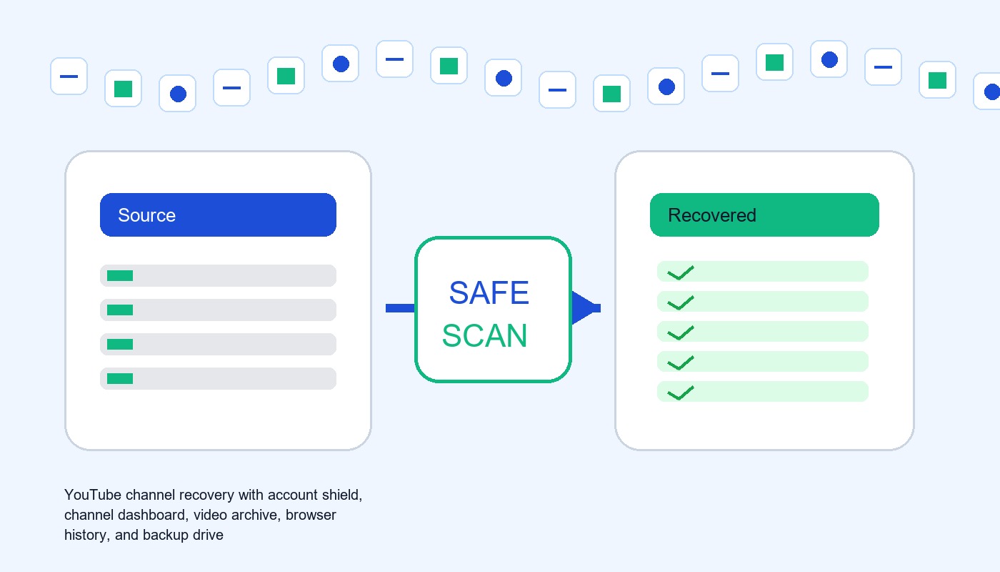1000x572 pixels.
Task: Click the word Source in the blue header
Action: pos(146,215)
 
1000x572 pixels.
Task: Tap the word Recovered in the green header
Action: pos(712,215)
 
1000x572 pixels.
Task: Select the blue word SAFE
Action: pos(489,293)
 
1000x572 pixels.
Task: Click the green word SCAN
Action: pos(485,335)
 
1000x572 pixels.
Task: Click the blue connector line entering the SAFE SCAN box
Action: pos(400,308)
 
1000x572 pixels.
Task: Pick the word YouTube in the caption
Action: pos(93,495)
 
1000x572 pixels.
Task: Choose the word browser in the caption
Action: pos(311,516)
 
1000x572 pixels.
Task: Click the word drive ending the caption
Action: pos(208,535)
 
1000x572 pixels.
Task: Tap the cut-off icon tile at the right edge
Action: pos(987,92)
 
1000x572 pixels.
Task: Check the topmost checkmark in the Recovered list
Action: pos(680,272)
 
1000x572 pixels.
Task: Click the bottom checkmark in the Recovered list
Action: pos(680,393)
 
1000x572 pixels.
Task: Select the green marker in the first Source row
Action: pos(120,276)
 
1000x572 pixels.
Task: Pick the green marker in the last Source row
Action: pos(120,378)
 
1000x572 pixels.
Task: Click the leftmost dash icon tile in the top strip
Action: pos(69,76)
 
